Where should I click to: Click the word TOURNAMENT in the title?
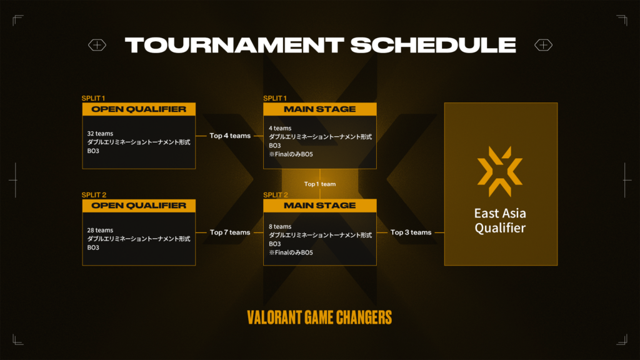pyautogui.click(x=234, y=45)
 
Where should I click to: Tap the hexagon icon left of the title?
pyautogui.click(x=97, y=45)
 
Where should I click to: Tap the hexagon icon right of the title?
pyautogui.click(x=543, y=45)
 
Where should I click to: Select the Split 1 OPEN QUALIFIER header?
pyautogui.click(x=139, y=109)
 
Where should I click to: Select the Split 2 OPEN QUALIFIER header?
pyautogui.click(x=139, y=206)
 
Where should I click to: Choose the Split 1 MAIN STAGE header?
pyautogui.click(x=319, y=109)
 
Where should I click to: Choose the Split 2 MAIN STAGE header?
pyautogui.click(x=319, y=206)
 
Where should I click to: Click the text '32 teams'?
pyautogui.click(x=100, y=134)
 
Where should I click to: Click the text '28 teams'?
pyautogui.click(x=100, y=230)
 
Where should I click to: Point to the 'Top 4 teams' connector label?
pyautogui.click(x=230, y=136)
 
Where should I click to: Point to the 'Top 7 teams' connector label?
pyautogui.click(x=230, y=232)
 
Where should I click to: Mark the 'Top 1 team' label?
pyautogui.click(x=320, y=184)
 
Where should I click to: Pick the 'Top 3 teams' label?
pyautogui.click(x=411, y=232)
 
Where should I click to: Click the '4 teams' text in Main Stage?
pyautogui.click(x=280, y=128)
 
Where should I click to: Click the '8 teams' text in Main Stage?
pyautogui.click(x=280, y=226)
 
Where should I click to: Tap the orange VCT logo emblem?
pyautogui.click(x=500, y=167)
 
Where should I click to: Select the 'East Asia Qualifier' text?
pyautogui.click(x=500, y=219)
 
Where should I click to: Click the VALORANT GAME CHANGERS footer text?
pyautogui.click(x=319, y=317)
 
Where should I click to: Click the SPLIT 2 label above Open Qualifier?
pyautogui.click(x=95, y=195)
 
